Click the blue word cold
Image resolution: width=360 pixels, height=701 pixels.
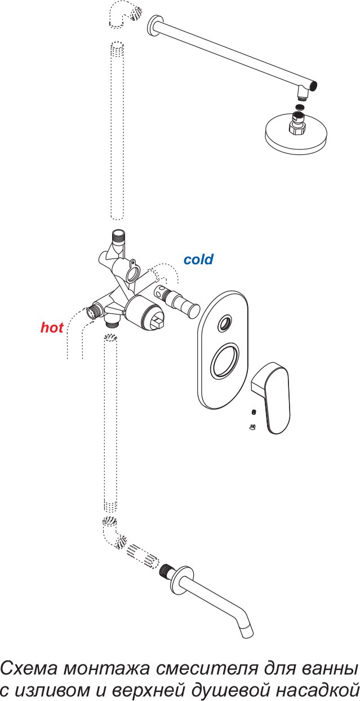(198, 259)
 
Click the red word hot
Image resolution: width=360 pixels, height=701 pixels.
(52, 327)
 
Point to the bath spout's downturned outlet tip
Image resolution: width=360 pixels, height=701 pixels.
(247, 633)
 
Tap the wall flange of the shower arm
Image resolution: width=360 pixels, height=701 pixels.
(152, 26)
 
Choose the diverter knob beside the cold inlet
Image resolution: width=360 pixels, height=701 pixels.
(177, 300)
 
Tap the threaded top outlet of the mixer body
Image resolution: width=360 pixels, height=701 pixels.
(118, 236)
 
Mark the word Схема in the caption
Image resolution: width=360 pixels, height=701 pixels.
(29, 669)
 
